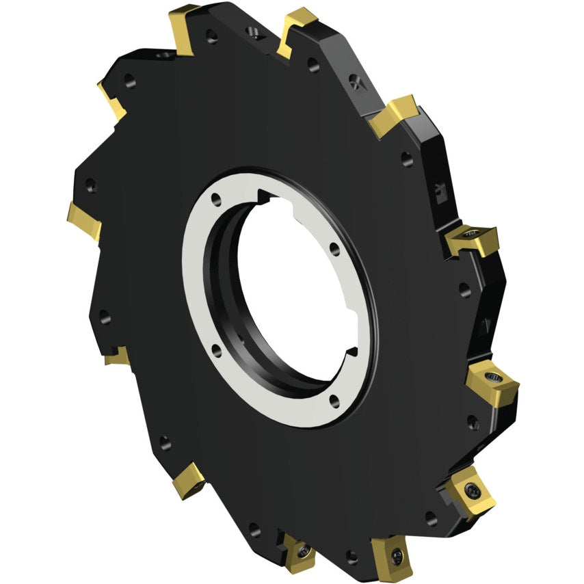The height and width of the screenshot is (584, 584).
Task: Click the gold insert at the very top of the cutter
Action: [x=300, y=31]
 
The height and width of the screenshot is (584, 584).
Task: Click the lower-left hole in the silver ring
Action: [x=215, y=350]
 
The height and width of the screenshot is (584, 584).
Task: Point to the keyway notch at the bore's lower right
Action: [x=351, y=352]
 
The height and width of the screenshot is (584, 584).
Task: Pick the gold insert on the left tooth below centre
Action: [x=116, y=356]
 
